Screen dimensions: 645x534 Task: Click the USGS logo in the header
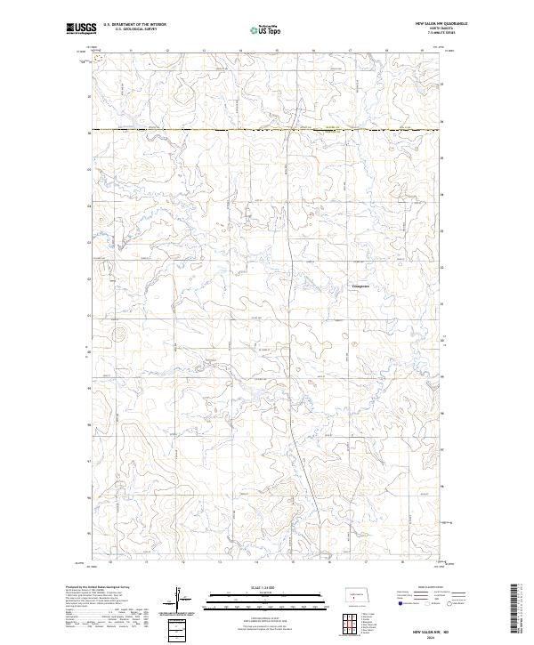[81, 28]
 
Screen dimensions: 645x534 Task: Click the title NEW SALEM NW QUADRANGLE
[441, 23]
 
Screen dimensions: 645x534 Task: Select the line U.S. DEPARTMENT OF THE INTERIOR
[134, 25]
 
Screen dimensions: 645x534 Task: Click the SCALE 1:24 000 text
[254, 586]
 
